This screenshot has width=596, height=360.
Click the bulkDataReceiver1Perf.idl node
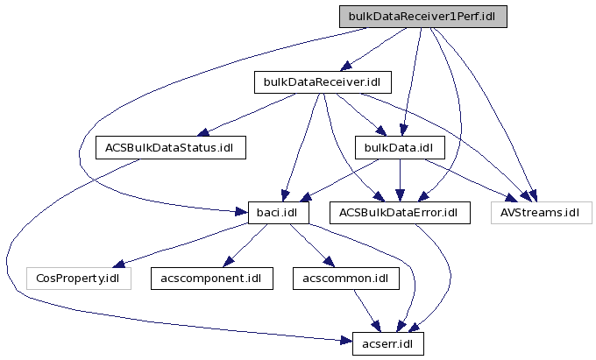point(423,17)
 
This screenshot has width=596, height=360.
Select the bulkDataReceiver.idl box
point(322,82)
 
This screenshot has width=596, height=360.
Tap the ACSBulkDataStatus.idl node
point(170,147)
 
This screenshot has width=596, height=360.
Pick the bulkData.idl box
point(400,147)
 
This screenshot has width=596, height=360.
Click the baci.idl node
point(270,212)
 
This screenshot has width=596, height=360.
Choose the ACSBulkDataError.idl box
point(400,212)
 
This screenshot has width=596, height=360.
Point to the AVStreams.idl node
point(541,212)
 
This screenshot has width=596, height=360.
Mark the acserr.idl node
point(387,342)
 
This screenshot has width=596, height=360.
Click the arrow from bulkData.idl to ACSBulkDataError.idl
point(400,180)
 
